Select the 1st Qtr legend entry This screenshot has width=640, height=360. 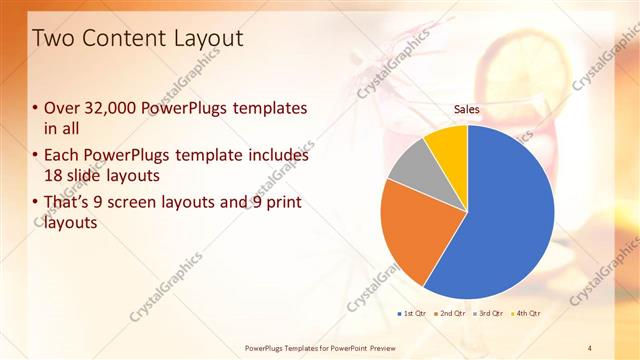pos(411,314)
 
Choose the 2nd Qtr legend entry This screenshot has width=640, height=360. pos(450,314)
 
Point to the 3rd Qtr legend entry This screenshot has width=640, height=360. pos(489,314)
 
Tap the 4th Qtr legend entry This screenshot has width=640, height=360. pos(527,314)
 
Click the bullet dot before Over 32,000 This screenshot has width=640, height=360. pos(37,108)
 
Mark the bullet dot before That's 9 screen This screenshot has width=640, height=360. pos(37,203)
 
